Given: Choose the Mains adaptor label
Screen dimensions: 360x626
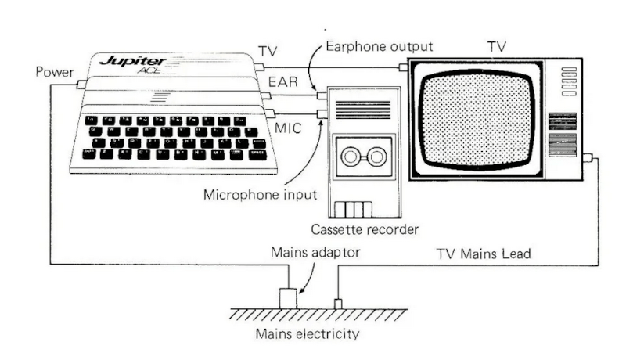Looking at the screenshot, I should pos(304,252).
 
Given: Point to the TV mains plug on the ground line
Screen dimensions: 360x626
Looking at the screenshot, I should pos(338,303).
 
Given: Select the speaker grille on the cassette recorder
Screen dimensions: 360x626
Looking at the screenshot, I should pos(362,109).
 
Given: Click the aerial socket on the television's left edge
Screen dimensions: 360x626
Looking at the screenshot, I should pos(403,67).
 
